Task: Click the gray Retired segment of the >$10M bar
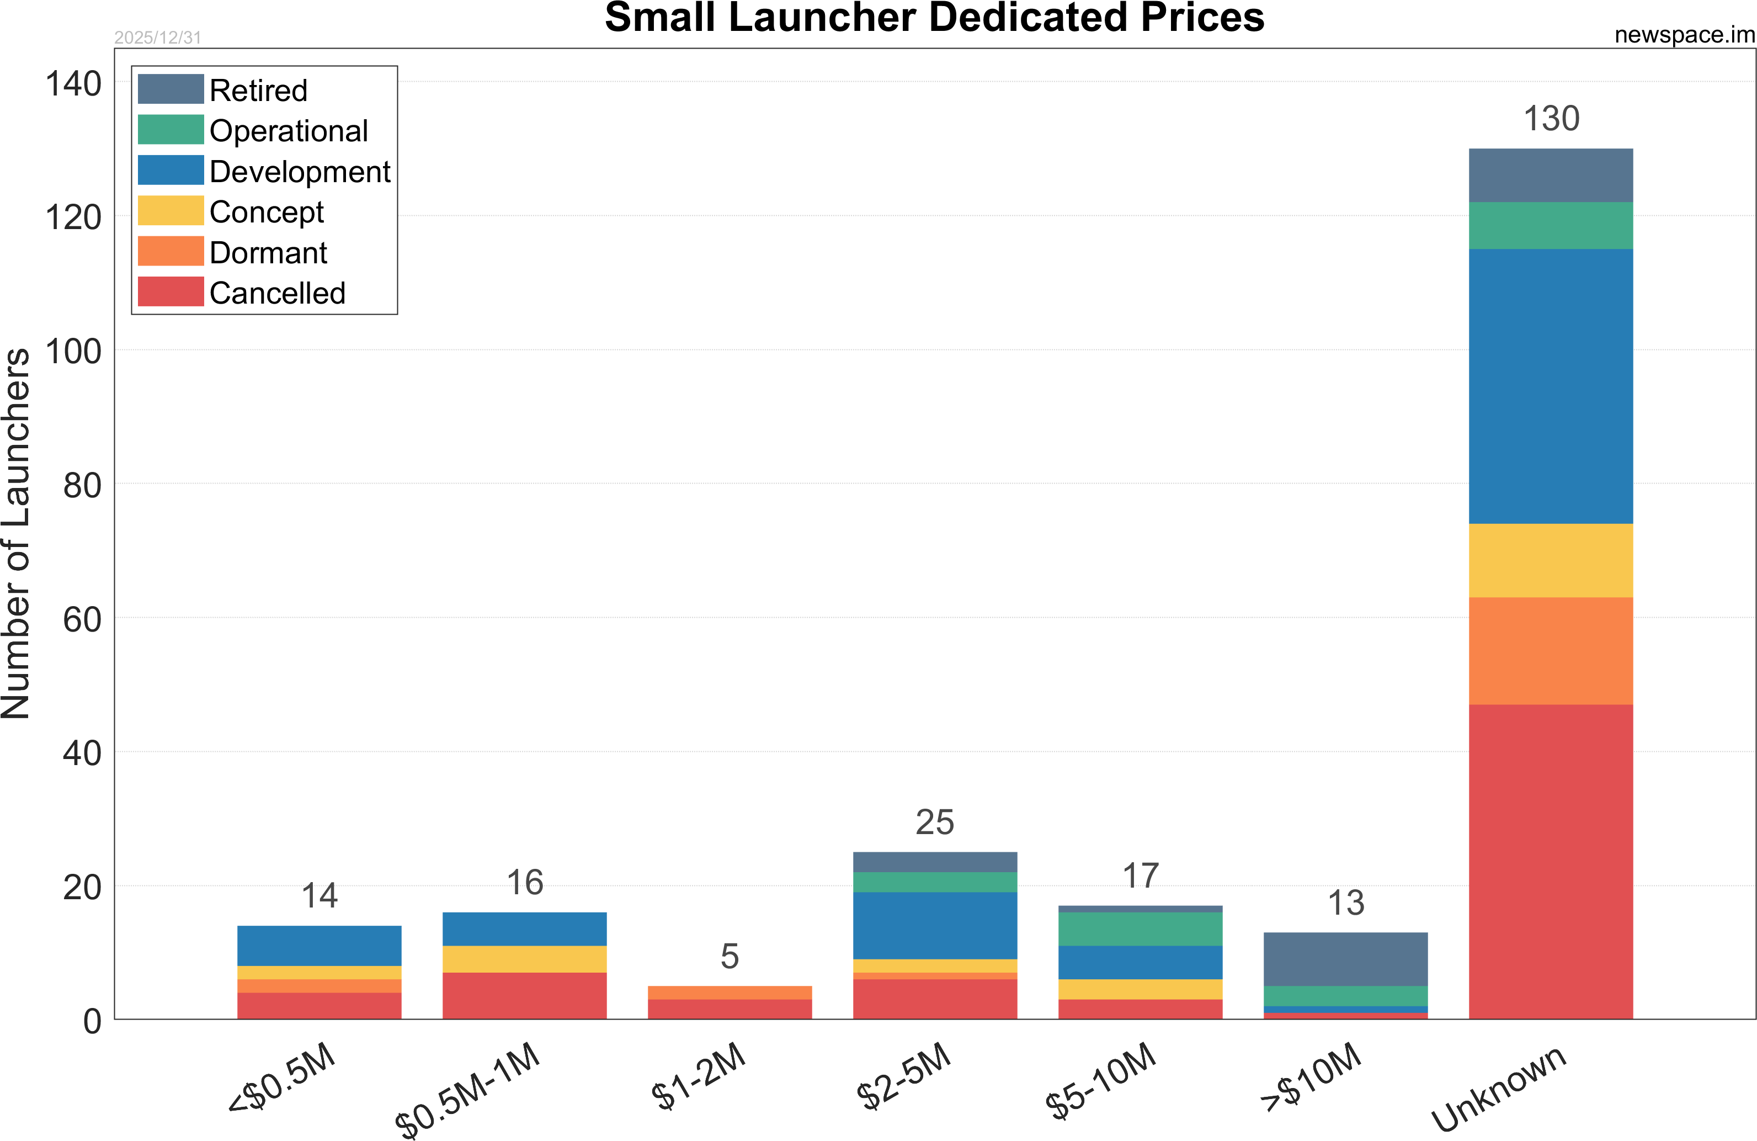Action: pos(1345,959)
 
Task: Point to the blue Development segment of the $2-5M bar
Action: pos(935,925)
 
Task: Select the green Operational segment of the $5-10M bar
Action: pos(1140,929)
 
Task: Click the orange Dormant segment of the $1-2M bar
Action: pos(730,992)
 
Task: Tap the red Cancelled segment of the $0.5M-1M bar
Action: pos(524,995)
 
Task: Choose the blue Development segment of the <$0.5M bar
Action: pos(319,945)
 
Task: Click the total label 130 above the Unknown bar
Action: pos(1551,119)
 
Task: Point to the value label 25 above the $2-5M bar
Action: pos(935,822)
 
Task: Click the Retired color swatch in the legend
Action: pos(171,89)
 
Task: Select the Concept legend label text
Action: pos(267,212)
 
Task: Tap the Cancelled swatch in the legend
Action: pos(171,291)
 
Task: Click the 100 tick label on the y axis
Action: pos(73,352)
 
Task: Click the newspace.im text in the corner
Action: pos(1684,35)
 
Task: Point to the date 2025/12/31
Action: pos(157,38)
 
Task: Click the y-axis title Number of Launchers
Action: pos(16,533)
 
